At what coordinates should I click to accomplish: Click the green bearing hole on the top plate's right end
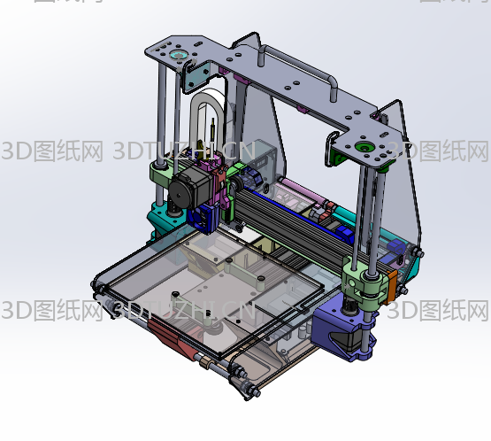[x=366, y=145]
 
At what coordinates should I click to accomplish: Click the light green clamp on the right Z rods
[x=363, y=282]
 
